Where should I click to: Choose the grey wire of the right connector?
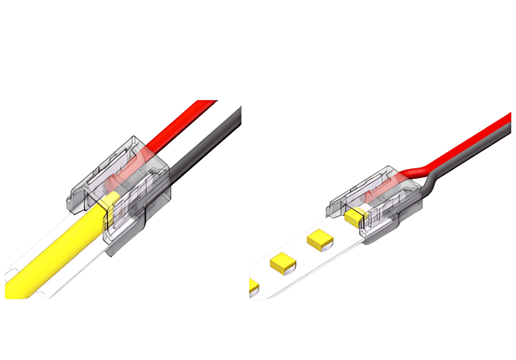point(480,155)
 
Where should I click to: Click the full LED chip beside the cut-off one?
point(282,263)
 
